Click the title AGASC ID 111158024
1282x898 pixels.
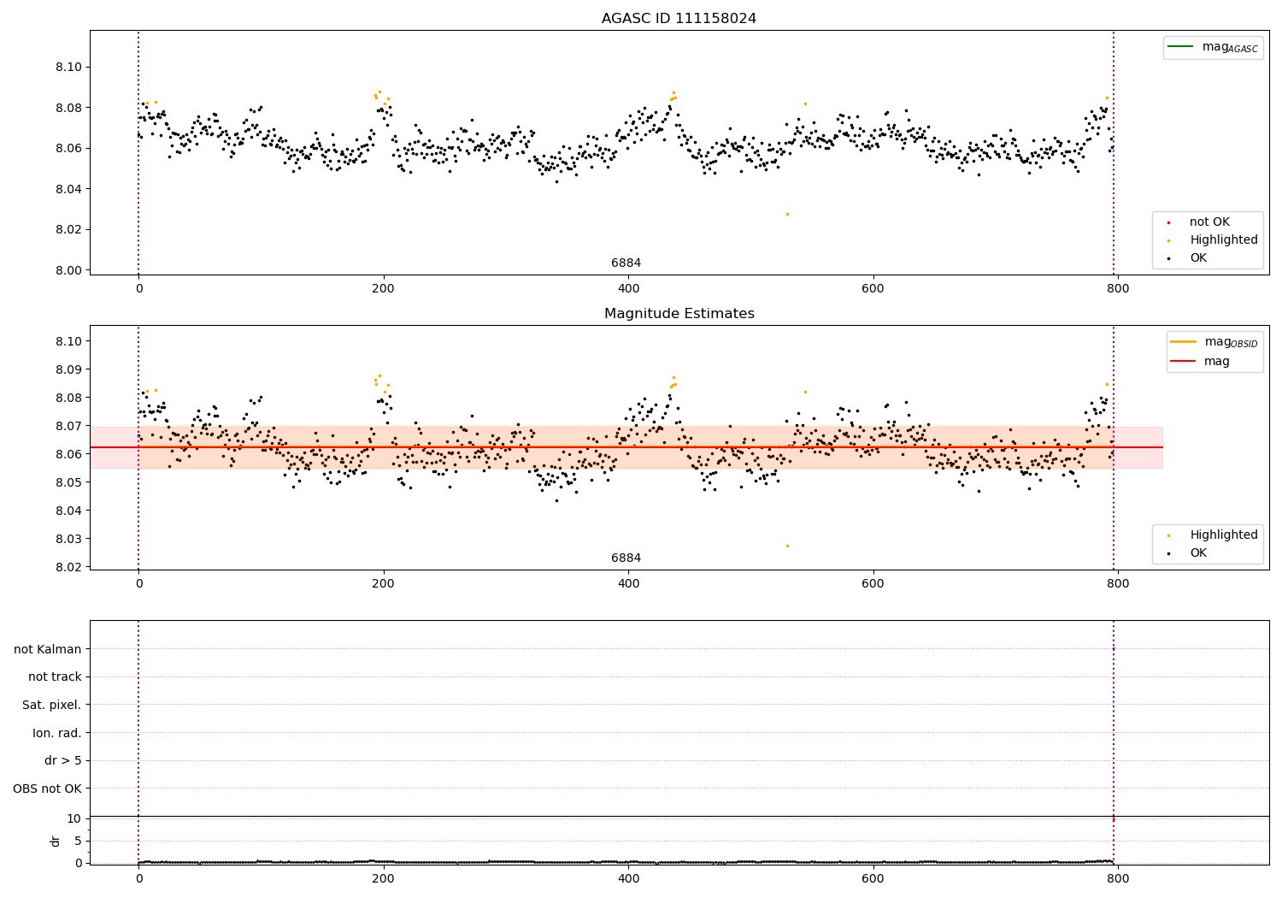point(679,19)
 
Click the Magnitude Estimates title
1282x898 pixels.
point(679,314)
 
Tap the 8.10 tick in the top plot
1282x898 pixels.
point(68,68)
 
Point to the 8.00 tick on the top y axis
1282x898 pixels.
point(68,270)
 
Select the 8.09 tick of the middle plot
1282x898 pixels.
point(68,369)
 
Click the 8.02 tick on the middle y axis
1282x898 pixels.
point(68,567)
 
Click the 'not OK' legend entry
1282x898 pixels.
point(1209,222)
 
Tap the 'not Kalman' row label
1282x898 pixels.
point(48,649)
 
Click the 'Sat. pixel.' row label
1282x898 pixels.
point(51,706)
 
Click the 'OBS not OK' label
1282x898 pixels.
point(47,789)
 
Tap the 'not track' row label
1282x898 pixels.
point(55,677)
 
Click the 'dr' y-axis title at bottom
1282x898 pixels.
point(56,841)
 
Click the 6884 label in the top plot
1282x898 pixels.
point(626,263)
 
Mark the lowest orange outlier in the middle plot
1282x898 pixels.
point(787,546)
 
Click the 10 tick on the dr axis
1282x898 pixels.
point(74,818)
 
